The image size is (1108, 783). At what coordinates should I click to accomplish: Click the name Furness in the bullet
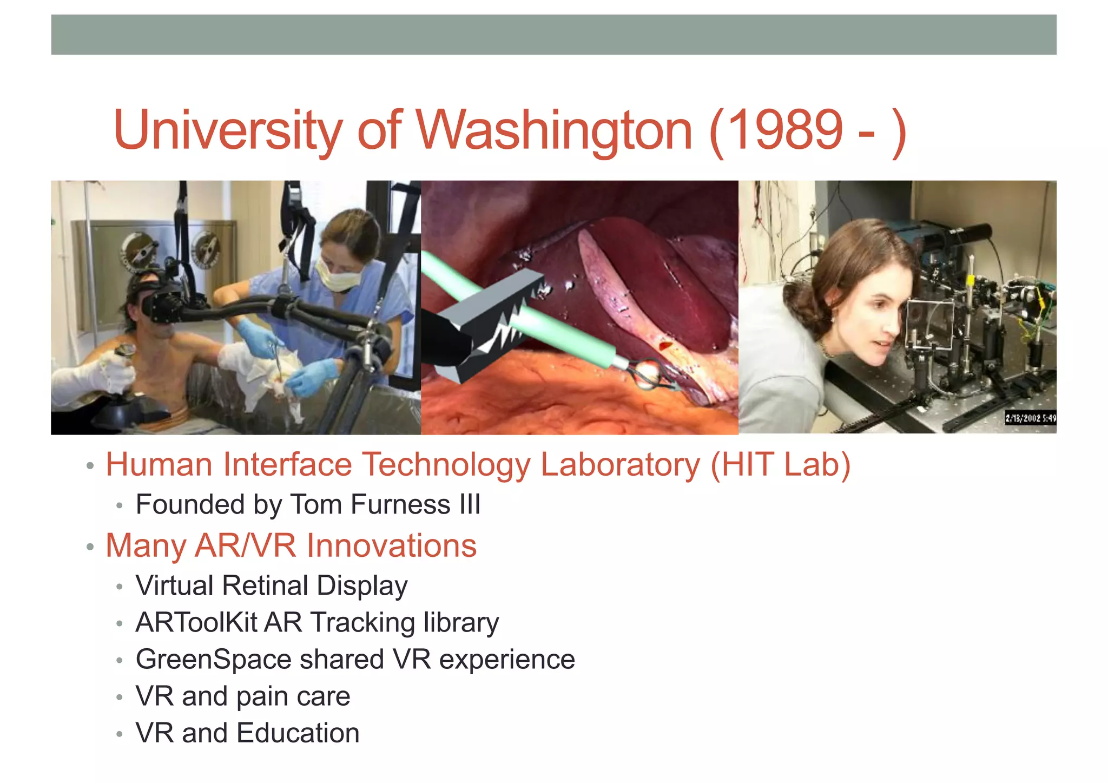[401, 505]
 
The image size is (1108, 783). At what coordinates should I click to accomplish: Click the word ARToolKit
[196, 622]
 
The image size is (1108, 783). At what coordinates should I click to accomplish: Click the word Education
[298, 733]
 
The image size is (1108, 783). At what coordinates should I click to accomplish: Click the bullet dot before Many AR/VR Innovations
[90, 547]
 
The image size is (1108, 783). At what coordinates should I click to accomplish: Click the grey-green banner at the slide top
[553, 35]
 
